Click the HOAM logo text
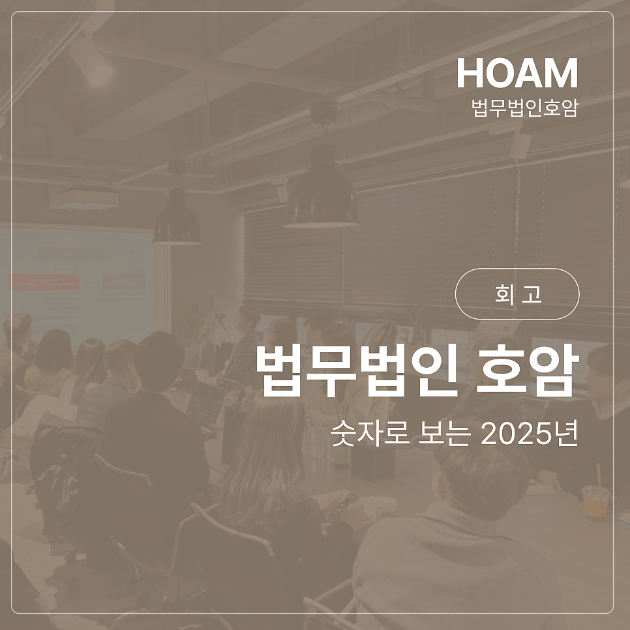click(x=517, y=73)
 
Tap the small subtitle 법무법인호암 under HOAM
click(x=524, y=107)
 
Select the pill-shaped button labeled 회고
click(x=517, y=293)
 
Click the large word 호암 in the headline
click(x=528, y=370)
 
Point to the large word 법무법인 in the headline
click(x=357, y=370)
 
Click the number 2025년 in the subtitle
click(x=529, y=434)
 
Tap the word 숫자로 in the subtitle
click(x=370, y=434)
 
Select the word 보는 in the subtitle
click(x=444, y=434)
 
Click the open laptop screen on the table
click(x=205, y=405)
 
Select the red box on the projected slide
click(x=44, y=282)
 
